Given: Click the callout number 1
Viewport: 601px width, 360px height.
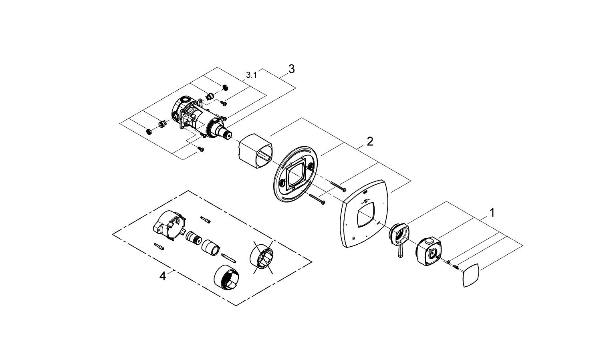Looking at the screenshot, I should (x=492, y=212).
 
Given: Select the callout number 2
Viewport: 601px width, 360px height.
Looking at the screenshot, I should (x=369, y=141).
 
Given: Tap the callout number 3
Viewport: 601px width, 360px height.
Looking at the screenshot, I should (x=291, y=69).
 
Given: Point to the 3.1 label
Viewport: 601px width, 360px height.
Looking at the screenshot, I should (x=251, y=74).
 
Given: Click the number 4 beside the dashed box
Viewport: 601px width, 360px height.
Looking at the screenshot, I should (x=162, y=276).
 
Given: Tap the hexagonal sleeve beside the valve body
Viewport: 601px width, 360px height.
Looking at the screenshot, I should (x=255, y=149).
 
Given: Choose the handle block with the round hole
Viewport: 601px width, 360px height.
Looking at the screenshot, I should (x=428, y=251).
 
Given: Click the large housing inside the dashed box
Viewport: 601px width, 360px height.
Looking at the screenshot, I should (x=167, y=225).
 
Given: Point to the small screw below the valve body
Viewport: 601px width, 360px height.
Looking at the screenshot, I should (x=201, y=149).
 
